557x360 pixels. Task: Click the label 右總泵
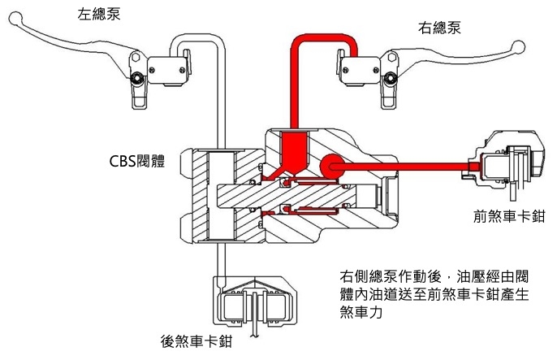pos(441,28)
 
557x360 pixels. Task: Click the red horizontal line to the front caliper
pos(406,165)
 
